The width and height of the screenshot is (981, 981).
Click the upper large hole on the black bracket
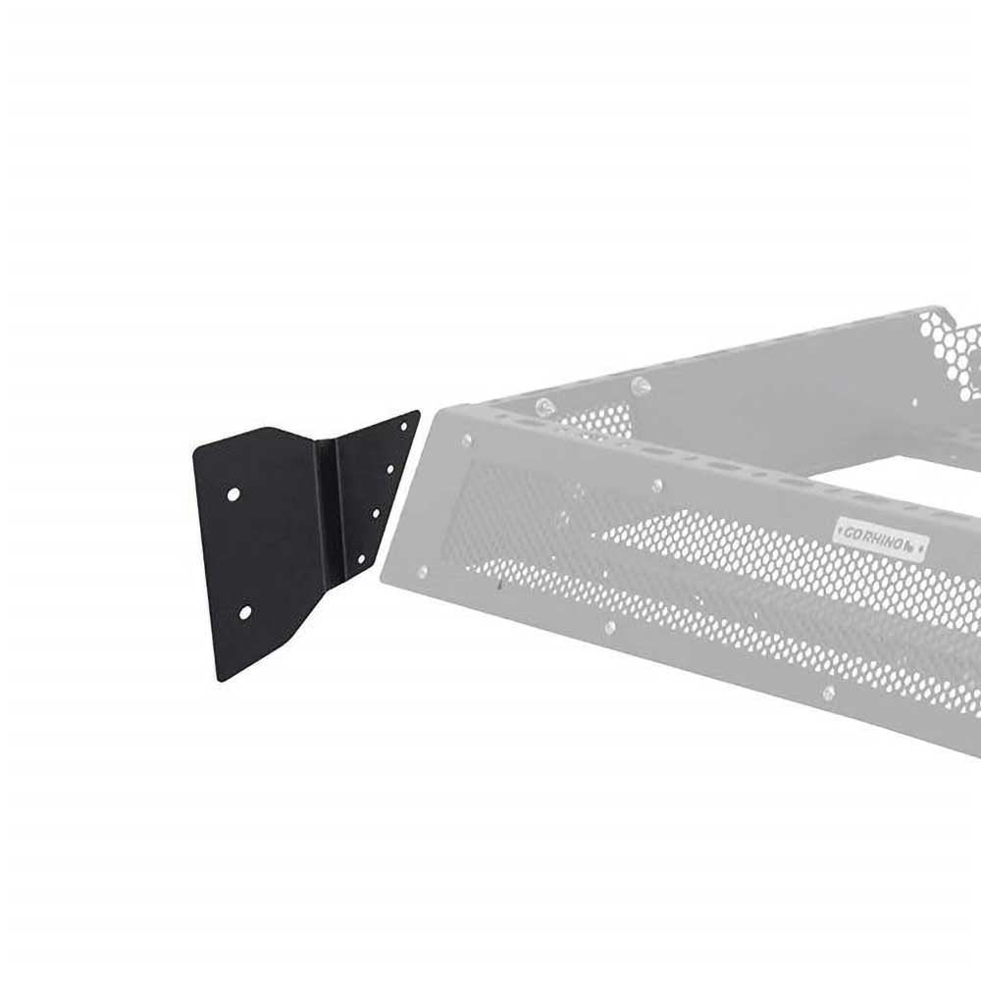pyautogui.click(x=233, y=494)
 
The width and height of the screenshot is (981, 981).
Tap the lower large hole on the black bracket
pyautogui.click(x=245, y=612)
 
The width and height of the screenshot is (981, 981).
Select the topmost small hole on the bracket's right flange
pyautogui.click(x=402, y=425)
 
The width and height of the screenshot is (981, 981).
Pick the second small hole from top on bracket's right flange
pyautogui.click(x=390, y=470)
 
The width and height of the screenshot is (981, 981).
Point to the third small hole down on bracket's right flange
pyautogui.click(x=376, y=512)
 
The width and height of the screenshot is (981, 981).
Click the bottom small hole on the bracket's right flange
pyautogui.click(x=361, y=557)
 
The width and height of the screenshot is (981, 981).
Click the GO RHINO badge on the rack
pyautogui.click(x=880, y=536)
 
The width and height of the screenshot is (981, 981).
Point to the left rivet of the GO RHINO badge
pyautogui.click(x=839, y=530)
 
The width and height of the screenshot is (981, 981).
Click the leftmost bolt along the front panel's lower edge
pyautogui.click(x=422, y=571)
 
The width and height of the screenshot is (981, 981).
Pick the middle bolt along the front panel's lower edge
pyautogui.click(x=609, y=627)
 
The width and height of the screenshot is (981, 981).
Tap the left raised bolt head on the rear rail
pyautogui.click(x=545, y=403)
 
